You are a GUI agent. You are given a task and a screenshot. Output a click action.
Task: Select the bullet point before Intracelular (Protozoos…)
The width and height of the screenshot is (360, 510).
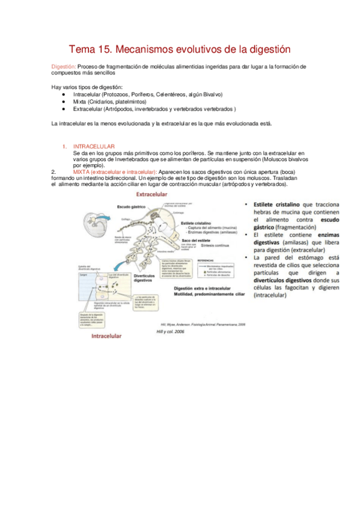pos(64,95)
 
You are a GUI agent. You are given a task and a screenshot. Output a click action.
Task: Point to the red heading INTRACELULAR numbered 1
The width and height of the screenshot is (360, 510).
pos(94,147)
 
